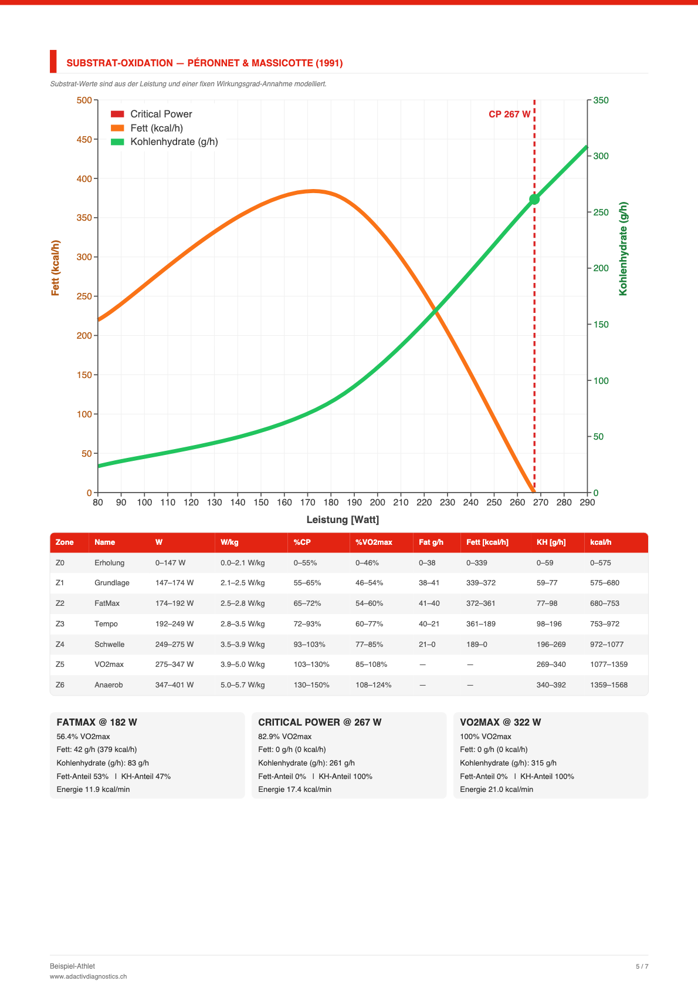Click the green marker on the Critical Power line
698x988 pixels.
click(534, 200)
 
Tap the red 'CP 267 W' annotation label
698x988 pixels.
click(509, 114)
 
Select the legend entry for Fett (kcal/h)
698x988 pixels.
click(147, 128)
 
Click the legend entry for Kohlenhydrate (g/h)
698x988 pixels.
click(164, 141)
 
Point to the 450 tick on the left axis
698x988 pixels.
click(84, 139)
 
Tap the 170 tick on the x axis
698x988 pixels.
click(307, 503)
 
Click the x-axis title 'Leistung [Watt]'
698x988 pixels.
click(343, 520)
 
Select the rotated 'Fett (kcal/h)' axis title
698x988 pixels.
click(55, 268)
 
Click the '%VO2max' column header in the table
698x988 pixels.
click(374, 542)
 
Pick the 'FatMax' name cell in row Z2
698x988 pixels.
click(107, 603)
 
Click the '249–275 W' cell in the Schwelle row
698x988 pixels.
click(175, 644)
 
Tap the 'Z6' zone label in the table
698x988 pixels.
click(60, 684)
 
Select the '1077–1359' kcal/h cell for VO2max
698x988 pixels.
click(608, 665)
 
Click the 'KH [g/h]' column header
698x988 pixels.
click(551, 542)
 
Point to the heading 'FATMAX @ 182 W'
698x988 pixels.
click(97, 722)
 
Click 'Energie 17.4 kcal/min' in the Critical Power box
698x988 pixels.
click(295, 789)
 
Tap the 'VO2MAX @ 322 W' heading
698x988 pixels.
click(500, 722)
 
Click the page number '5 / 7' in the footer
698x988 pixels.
click(642, 966)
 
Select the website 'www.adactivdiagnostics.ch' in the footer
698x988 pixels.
click(88, 976)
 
